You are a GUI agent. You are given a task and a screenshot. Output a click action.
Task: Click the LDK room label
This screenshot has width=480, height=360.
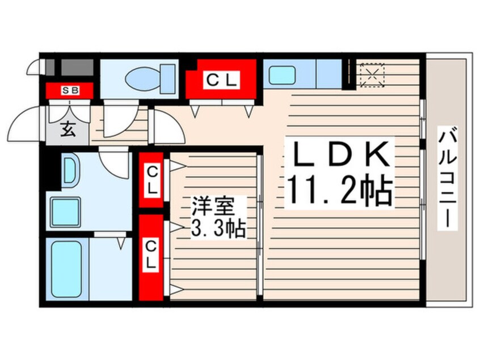click(x=339, y=154)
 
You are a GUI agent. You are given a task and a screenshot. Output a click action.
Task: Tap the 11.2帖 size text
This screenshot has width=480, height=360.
click(x=339, y=190)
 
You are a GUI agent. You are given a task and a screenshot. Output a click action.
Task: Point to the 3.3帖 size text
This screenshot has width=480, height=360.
click(x=218, y=228)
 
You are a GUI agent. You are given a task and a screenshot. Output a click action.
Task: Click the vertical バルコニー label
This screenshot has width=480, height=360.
click(x=448, y=178)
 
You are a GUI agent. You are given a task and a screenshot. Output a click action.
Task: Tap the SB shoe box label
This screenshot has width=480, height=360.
click(x=70, y=90)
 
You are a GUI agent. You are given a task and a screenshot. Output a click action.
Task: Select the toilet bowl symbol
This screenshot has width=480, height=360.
click(x=150, y=78)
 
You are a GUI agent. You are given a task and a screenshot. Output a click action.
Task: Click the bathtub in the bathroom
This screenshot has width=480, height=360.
click(x=67, y=269)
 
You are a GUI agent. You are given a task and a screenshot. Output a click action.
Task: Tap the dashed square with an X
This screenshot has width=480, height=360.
click(x=372, y=74)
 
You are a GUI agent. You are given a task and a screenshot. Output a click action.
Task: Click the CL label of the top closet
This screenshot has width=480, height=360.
click(x=221, y=80)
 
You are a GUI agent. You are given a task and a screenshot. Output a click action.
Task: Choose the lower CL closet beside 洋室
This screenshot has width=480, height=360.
click(x=150, y=257)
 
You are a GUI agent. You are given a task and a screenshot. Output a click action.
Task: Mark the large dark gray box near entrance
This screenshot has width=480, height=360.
click(x=77, y=67)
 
